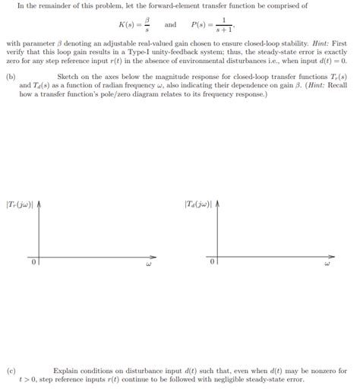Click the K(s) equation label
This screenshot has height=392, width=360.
[120, 25]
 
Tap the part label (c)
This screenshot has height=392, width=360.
[11, 371]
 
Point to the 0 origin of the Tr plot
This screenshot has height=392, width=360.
[33, 263]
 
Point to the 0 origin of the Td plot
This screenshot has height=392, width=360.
[213, 263]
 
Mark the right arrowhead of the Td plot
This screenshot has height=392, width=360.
[332, 255]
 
